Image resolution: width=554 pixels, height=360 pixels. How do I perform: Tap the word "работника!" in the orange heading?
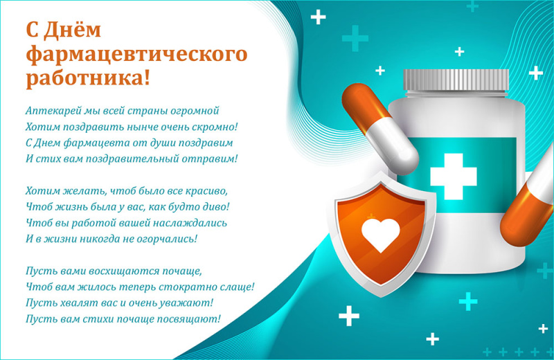(89, 78)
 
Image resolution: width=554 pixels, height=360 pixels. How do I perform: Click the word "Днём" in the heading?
(73, 29)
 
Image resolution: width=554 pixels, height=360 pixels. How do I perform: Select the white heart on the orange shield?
(380, 235)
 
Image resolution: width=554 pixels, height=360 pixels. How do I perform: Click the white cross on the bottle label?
(454, 177)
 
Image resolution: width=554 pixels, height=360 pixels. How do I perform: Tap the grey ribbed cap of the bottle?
(456, 80)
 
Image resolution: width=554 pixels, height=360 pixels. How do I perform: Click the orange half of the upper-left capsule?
(366, 102)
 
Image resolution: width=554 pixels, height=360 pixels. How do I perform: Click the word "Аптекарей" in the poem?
(53, 111)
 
